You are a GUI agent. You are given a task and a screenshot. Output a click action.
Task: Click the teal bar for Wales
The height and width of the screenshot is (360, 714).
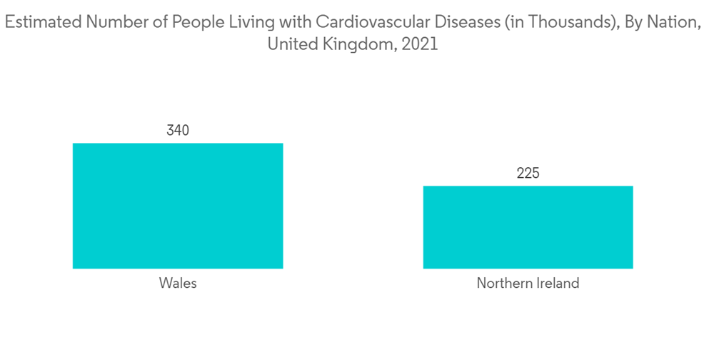click(178, 206)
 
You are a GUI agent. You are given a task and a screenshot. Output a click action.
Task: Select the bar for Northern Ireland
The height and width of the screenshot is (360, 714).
click(528, 227)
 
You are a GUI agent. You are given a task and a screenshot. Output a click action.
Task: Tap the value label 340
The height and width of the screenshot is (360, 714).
click(178, 131)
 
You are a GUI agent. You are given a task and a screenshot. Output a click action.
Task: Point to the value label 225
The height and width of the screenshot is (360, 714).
click(528, 174)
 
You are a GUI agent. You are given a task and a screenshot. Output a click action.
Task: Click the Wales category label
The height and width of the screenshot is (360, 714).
click(178, 284)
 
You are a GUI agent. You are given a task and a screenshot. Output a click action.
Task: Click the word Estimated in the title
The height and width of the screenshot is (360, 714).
click(42, 23)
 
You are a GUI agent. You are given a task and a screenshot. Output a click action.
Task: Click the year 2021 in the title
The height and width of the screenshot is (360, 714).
click(419, 44)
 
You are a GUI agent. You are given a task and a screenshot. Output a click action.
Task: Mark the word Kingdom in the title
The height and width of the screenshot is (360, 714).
click(356, 44)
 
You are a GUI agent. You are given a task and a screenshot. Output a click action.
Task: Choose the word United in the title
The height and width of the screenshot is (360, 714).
click(291, 44)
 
